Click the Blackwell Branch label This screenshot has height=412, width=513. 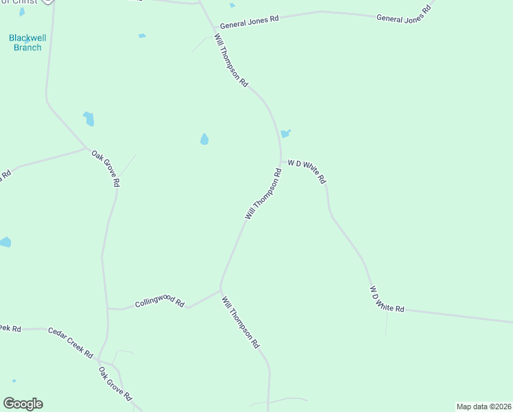(27, 43)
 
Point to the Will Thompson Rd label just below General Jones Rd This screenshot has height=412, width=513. (230, 60)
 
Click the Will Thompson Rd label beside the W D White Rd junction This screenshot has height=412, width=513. (264, 194)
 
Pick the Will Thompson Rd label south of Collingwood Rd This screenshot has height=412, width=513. (240, 321)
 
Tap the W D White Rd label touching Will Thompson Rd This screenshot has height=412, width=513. (307, 170)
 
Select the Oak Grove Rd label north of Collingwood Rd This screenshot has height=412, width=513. (106, 168)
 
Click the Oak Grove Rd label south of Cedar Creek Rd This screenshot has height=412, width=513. (115, 385)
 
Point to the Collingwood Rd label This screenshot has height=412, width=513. (160, 302)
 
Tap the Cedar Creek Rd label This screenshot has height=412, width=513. (70, 343)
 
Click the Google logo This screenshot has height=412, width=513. (23, 404)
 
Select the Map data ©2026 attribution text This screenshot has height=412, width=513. (484, 407)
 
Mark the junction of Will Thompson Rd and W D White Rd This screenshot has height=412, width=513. (281, 161)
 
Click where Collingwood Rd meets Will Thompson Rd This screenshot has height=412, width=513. (219, 289)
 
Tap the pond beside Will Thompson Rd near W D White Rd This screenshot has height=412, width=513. (285, 133)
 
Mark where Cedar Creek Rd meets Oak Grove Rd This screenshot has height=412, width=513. (99, 359)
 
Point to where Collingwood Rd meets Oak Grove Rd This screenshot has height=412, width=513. (108, 308)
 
